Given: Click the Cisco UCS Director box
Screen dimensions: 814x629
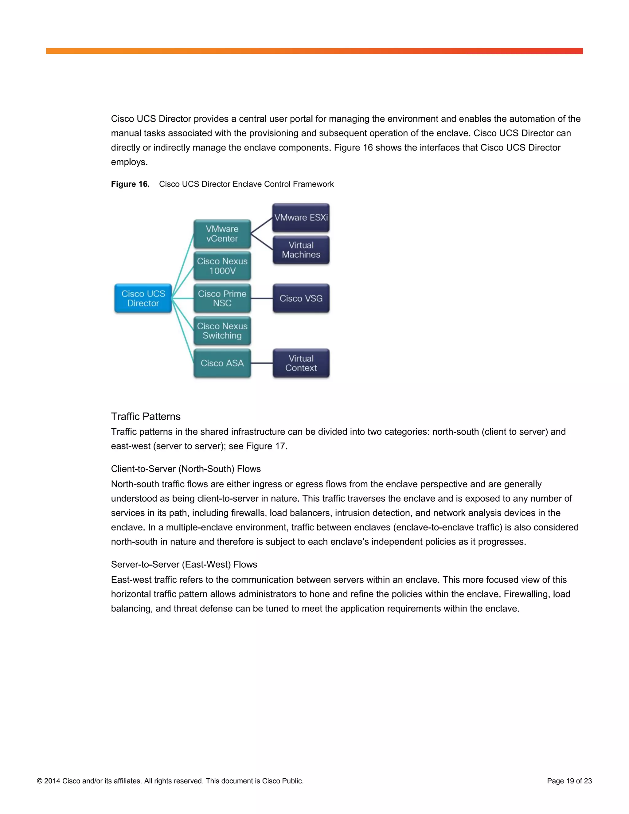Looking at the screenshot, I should tap(143, 298).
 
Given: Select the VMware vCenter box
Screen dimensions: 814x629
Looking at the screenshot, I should tap(222, 234).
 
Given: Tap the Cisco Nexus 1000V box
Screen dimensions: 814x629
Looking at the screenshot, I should tap(222, 266).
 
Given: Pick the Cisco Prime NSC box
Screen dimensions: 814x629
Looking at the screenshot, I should tap(222, 298).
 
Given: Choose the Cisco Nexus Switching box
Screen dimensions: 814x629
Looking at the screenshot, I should tap(222, 331).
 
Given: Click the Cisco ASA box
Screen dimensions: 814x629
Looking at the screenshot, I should tap(222, 363).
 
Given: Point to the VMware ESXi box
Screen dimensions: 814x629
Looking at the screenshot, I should tap(301, 217).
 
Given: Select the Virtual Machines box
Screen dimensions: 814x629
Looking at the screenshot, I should tap(301, 250).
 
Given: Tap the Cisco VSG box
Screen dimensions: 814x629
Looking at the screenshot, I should tap(301, 298).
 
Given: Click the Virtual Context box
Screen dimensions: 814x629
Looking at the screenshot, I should tap(301, 363).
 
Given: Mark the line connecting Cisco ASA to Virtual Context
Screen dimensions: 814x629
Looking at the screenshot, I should tap(262, 363).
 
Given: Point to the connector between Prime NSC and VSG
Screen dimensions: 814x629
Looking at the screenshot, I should tap(262, 298).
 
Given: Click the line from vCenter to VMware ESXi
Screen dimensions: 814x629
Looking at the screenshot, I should tap(262, 226).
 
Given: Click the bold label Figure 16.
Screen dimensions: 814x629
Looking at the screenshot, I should tap(130, 184).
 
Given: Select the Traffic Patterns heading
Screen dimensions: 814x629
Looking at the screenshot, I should tap(146, 416).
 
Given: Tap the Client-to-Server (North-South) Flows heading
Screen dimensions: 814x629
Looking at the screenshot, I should tap(186, 469).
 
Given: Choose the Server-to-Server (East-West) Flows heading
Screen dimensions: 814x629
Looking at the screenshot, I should tap(184, 564).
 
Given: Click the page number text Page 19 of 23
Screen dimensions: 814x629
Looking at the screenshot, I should tap(569, 781).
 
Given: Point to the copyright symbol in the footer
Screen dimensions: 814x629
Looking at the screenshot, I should tap(40, 781).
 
